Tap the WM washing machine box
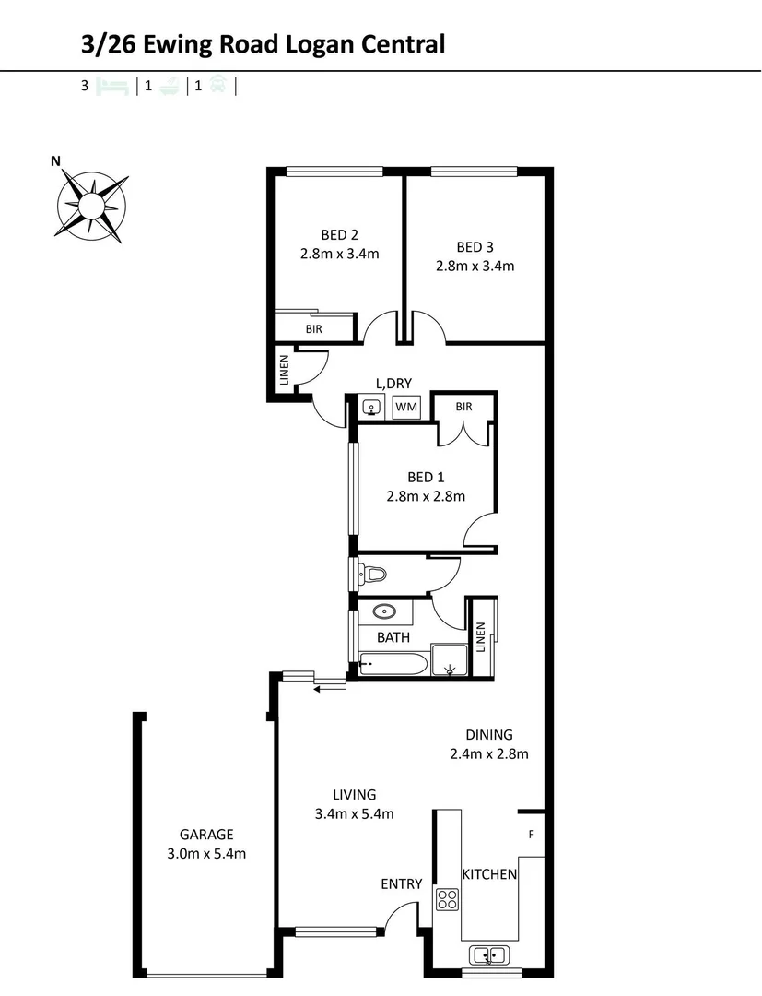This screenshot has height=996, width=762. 405,406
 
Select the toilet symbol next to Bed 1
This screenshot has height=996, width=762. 373,575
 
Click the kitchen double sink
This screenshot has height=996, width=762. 487,954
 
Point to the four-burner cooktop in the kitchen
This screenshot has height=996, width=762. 448,899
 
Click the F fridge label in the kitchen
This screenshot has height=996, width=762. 531,835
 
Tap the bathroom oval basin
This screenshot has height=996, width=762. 383,611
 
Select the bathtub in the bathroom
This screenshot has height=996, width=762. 392,663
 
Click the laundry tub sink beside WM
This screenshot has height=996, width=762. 371,406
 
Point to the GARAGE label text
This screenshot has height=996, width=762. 206,834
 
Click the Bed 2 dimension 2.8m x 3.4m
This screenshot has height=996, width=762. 339,255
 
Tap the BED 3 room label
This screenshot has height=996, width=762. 475,246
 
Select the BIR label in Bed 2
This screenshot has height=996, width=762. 314,328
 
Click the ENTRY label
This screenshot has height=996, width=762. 402,883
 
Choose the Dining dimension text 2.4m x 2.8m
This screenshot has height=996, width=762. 488,753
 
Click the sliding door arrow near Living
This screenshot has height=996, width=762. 329,687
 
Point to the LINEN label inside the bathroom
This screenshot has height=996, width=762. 480,636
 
